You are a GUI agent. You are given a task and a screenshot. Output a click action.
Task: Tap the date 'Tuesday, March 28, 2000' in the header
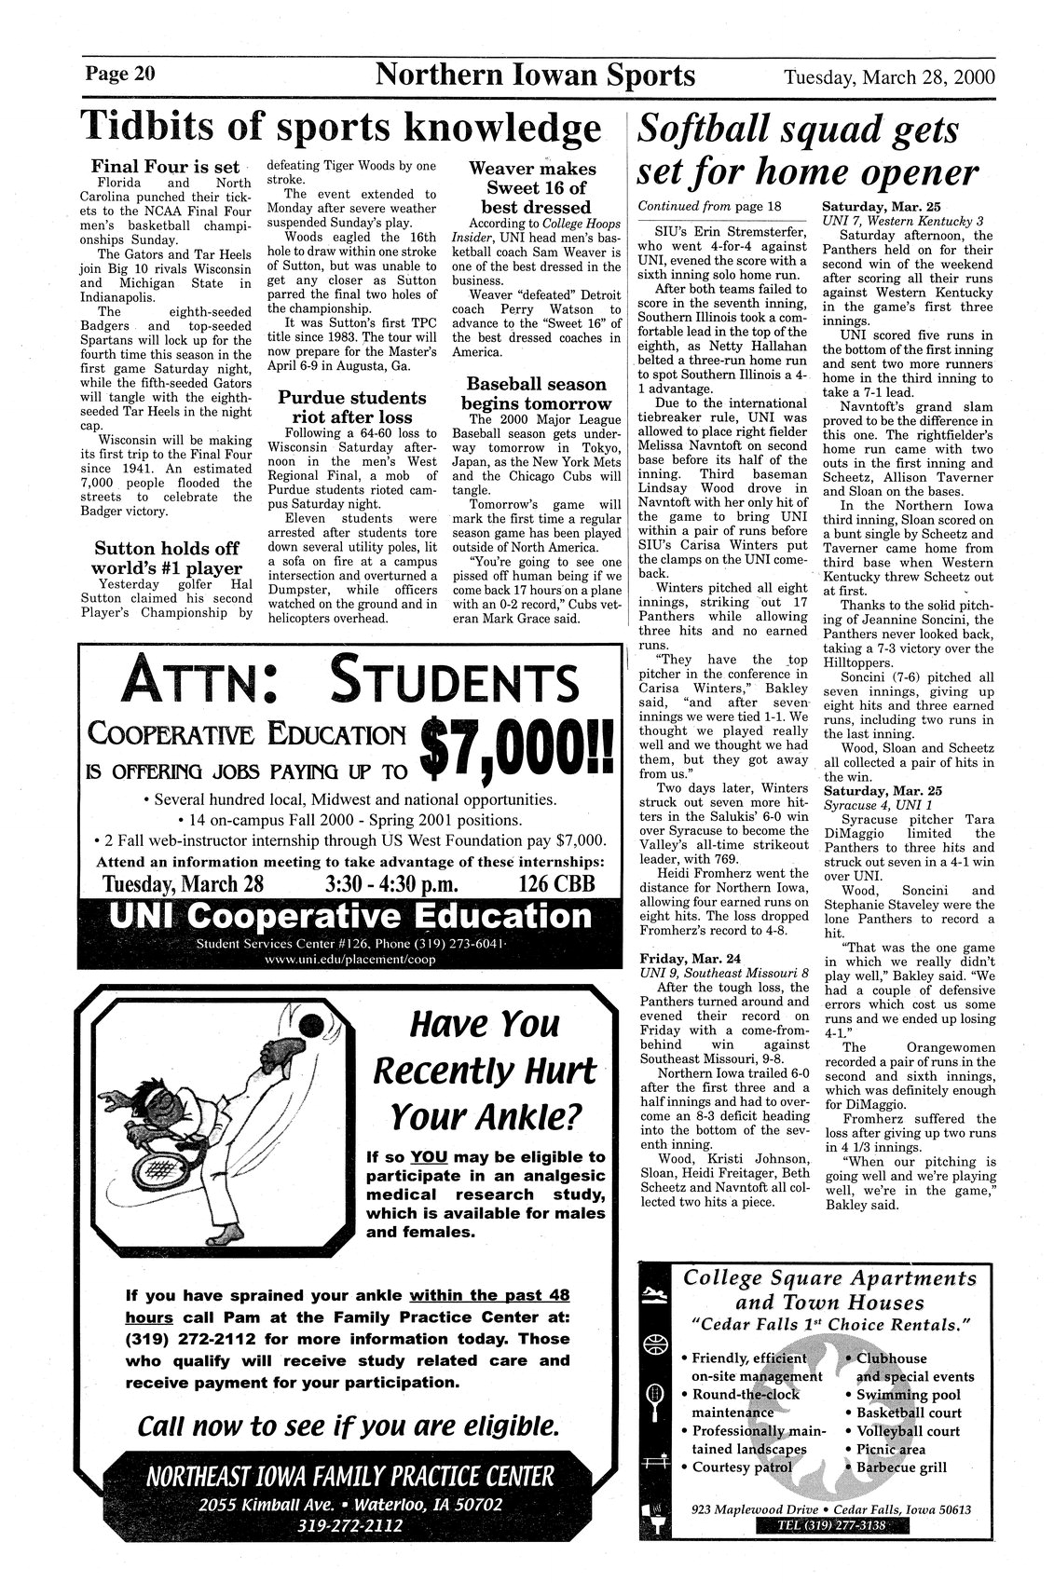(x=889, y=75)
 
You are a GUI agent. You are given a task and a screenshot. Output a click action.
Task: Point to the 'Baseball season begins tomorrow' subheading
(x=536, y=393)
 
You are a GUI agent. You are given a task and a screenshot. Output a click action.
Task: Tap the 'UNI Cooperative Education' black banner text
(x=350, y=917)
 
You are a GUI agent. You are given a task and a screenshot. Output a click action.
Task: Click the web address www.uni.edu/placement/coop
(x=350, y=960)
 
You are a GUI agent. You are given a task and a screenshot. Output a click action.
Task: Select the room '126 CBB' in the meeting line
(x=555, y=882)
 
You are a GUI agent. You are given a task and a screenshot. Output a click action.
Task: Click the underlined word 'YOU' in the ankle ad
(x=429, y=1157)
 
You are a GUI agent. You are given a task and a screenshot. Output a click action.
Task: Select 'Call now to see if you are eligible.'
(x=349, y=1426)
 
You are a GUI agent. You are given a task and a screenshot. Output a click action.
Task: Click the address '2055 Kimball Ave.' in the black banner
(x=257, y=1504)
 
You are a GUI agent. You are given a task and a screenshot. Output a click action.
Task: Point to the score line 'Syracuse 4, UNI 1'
(x=869, y=803)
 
